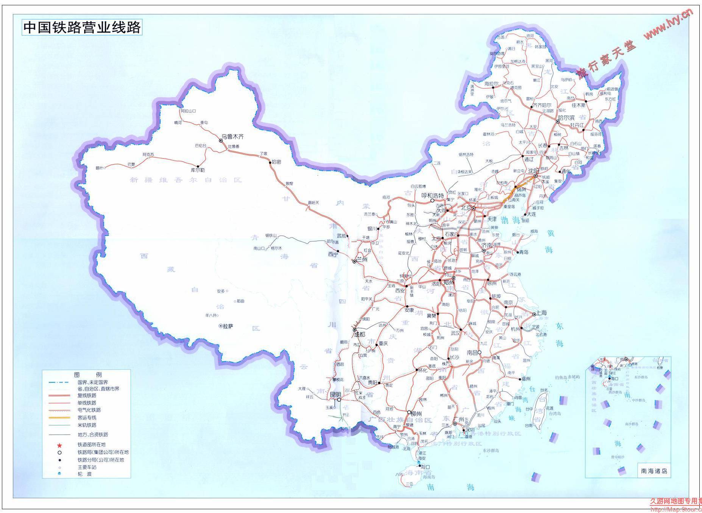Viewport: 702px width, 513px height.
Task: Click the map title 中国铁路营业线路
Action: [x=82, y=27]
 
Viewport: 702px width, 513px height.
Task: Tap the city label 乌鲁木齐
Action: [x=232, y=136]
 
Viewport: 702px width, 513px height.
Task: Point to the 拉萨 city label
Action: [x=228, y=326]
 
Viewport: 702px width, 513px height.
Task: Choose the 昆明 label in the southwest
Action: [x=335, y=394]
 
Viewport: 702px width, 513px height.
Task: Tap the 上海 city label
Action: [x=542, y=313]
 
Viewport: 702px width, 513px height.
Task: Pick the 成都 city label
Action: [x=359, y=334]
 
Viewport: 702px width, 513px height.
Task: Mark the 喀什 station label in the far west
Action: [x=99, y=168]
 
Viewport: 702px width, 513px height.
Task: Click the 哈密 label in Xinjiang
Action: [x=276, y=162]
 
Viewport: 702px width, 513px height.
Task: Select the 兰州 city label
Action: [x=362, y=260]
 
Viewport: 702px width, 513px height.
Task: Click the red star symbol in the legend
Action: [x=59, y=445]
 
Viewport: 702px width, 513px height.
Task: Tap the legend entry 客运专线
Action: [x=87, y=418]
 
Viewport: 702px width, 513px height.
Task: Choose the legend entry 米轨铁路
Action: [x=87, y=425]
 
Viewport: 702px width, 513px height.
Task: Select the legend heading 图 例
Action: [x=83, y=375]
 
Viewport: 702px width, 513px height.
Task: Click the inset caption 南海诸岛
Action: [x=654, y=471]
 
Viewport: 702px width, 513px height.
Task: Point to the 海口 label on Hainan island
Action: [x=426, y=467]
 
